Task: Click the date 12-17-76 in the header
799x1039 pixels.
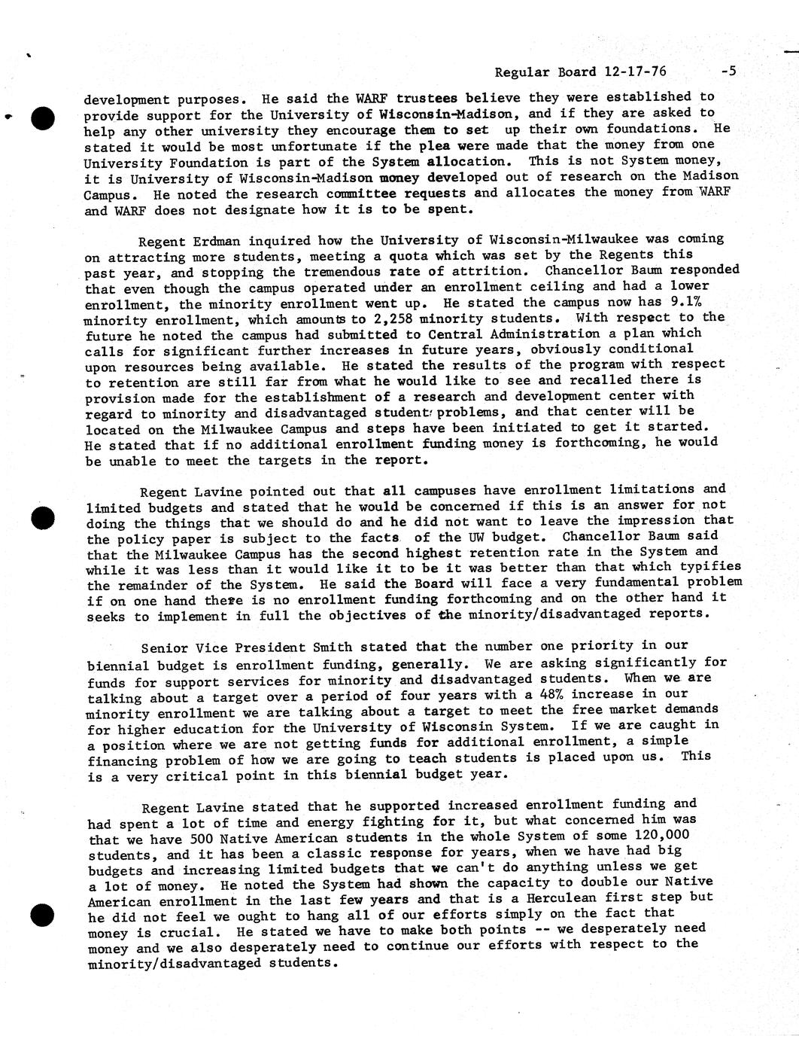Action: pos(635,72)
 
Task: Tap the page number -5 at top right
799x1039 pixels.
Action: pos(727,72)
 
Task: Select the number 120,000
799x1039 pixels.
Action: pos(662,835)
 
